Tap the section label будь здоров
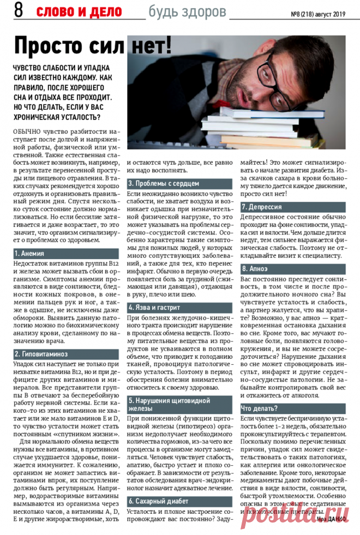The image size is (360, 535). tap(187, 11)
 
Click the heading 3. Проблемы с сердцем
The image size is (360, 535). tap(164, 183)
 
